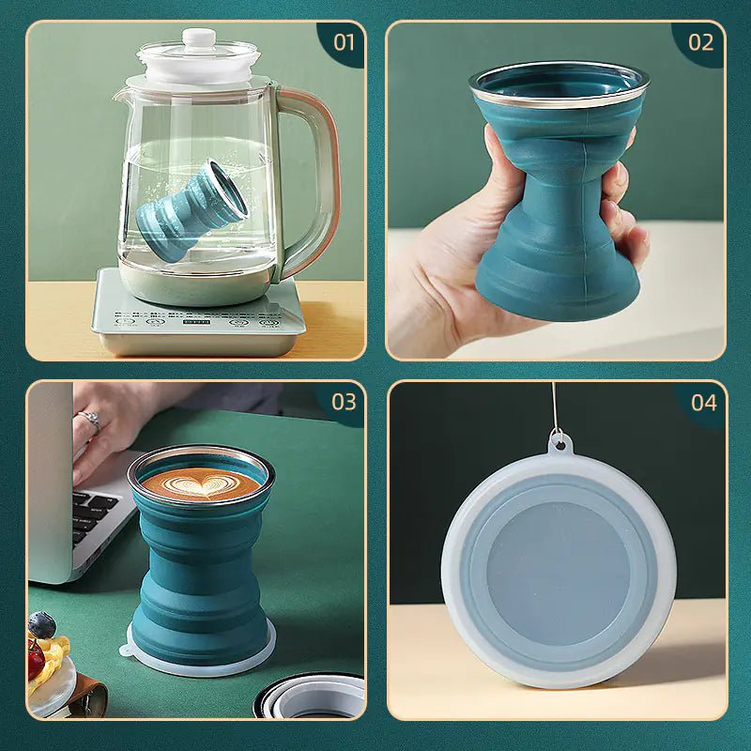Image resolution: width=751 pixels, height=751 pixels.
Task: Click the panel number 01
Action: pos(345,41)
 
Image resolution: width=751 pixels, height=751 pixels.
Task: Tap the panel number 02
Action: pos(701,41)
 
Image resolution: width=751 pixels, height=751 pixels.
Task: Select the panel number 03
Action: pos(345,402)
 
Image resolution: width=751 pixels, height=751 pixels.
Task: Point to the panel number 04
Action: pos(703,403)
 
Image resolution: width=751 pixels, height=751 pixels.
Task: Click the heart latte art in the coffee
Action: pos(201,484)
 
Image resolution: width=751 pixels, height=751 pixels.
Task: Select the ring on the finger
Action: pos(88,420)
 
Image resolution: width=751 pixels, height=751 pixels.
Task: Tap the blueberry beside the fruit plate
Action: pos(41,624)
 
